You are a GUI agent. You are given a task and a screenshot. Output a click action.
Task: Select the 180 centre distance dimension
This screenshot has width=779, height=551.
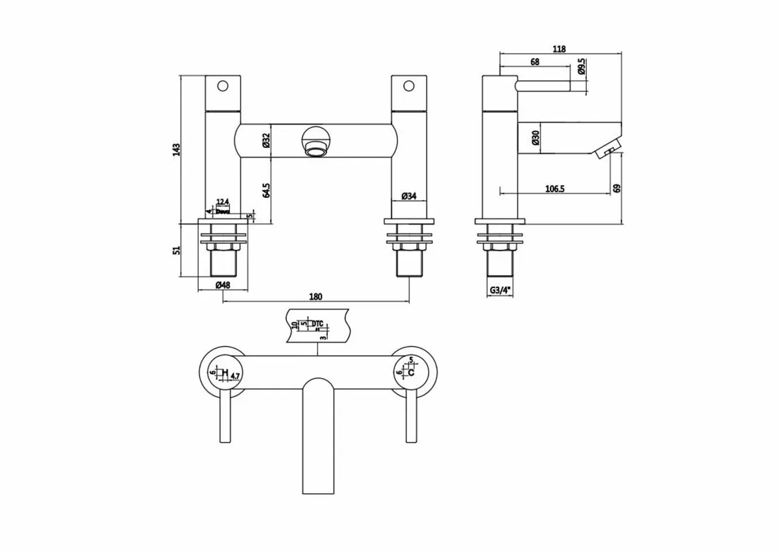click(315, 297)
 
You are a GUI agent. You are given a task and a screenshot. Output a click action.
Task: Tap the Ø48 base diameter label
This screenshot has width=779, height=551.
click(223, 286)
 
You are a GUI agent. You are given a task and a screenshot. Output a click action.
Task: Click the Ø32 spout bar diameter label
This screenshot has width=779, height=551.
click(266, 141)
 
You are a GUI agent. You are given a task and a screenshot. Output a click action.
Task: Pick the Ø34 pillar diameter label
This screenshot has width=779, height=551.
click(409, 195)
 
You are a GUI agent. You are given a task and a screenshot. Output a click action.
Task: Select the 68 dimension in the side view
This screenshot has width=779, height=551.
click(536, 62)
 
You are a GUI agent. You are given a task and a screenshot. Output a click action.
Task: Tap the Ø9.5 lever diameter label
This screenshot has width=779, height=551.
click(582, 67)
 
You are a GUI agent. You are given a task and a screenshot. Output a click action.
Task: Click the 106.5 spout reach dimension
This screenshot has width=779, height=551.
click(554, 189)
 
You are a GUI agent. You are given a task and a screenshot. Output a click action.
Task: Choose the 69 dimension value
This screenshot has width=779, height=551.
click(617, 189)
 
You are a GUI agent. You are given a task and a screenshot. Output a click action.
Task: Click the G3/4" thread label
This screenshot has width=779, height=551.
click(500, 291)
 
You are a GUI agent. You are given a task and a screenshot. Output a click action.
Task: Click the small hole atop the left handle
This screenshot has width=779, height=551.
click(223, 86)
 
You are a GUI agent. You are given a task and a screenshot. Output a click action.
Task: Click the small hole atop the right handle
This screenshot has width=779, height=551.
click(409, 86)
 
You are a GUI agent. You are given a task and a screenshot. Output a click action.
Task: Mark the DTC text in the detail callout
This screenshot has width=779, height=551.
click(317, 323)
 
